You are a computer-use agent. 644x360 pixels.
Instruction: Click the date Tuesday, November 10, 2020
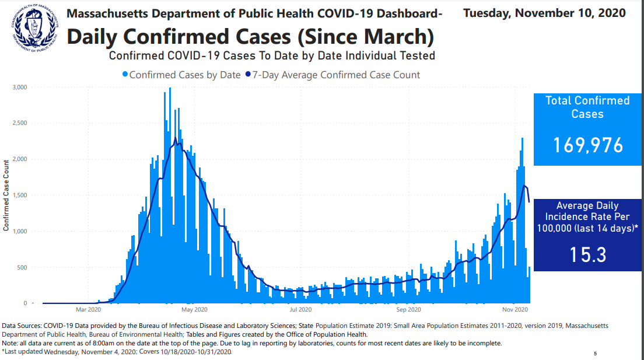click(x=544, y=13)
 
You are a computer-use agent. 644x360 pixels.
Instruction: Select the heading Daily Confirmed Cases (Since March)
click(x=251, y=36)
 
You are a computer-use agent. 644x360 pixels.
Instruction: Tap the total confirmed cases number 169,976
click(x=587, y=145)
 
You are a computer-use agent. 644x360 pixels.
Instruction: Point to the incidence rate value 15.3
click(x=587, y=254)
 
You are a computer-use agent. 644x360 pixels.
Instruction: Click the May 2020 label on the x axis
click(x=195, y=309)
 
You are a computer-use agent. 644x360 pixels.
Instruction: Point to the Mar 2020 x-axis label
click(x=89, y=309)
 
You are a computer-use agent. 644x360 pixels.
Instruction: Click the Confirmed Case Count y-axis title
click(x=6, y=195)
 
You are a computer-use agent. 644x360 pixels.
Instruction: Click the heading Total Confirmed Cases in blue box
click(x=587, y=107)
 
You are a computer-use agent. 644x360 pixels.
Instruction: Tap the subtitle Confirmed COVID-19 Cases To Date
click(x=272, y=56)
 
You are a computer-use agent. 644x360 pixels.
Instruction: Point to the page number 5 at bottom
click(x=595, y=354)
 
